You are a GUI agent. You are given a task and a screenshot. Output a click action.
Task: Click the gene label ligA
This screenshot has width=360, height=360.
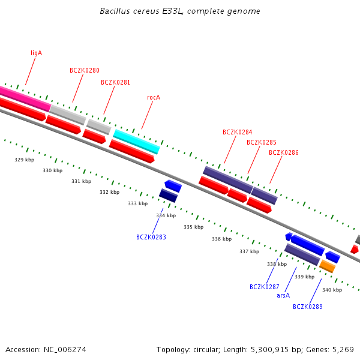click(36, 53)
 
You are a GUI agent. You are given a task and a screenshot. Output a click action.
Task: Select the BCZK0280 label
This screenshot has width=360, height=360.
click(85, 70)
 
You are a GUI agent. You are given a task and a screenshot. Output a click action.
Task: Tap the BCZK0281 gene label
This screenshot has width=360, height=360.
click(115, 82)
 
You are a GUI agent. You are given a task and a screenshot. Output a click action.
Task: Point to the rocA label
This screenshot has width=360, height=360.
click(154, 97)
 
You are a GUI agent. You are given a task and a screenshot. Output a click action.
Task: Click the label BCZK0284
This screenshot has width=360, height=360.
click(237, 132)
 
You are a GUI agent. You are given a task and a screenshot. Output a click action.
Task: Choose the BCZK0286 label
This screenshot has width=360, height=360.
click(283, 152)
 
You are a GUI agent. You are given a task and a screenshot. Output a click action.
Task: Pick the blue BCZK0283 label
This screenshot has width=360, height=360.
click(151, 237)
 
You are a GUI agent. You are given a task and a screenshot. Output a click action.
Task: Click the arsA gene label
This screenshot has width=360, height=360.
click(283, 295)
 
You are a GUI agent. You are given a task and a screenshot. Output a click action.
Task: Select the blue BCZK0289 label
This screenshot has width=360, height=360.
click(307, 307)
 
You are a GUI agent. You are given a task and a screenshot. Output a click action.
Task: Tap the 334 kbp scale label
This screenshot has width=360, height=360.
click(166, 215)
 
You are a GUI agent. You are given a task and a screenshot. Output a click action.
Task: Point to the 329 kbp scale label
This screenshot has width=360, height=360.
click(24, 160)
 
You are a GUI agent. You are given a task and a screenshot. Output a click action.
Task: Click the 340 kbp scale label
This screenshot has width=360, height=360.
click(332, 290)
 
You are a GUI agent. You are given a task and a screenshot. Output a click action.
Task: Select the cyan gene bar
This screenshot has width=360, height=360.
click(136, 142)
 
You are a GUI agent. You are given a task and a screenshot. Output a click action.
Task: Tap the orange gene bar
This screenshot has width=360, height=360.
click(327, 266)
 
